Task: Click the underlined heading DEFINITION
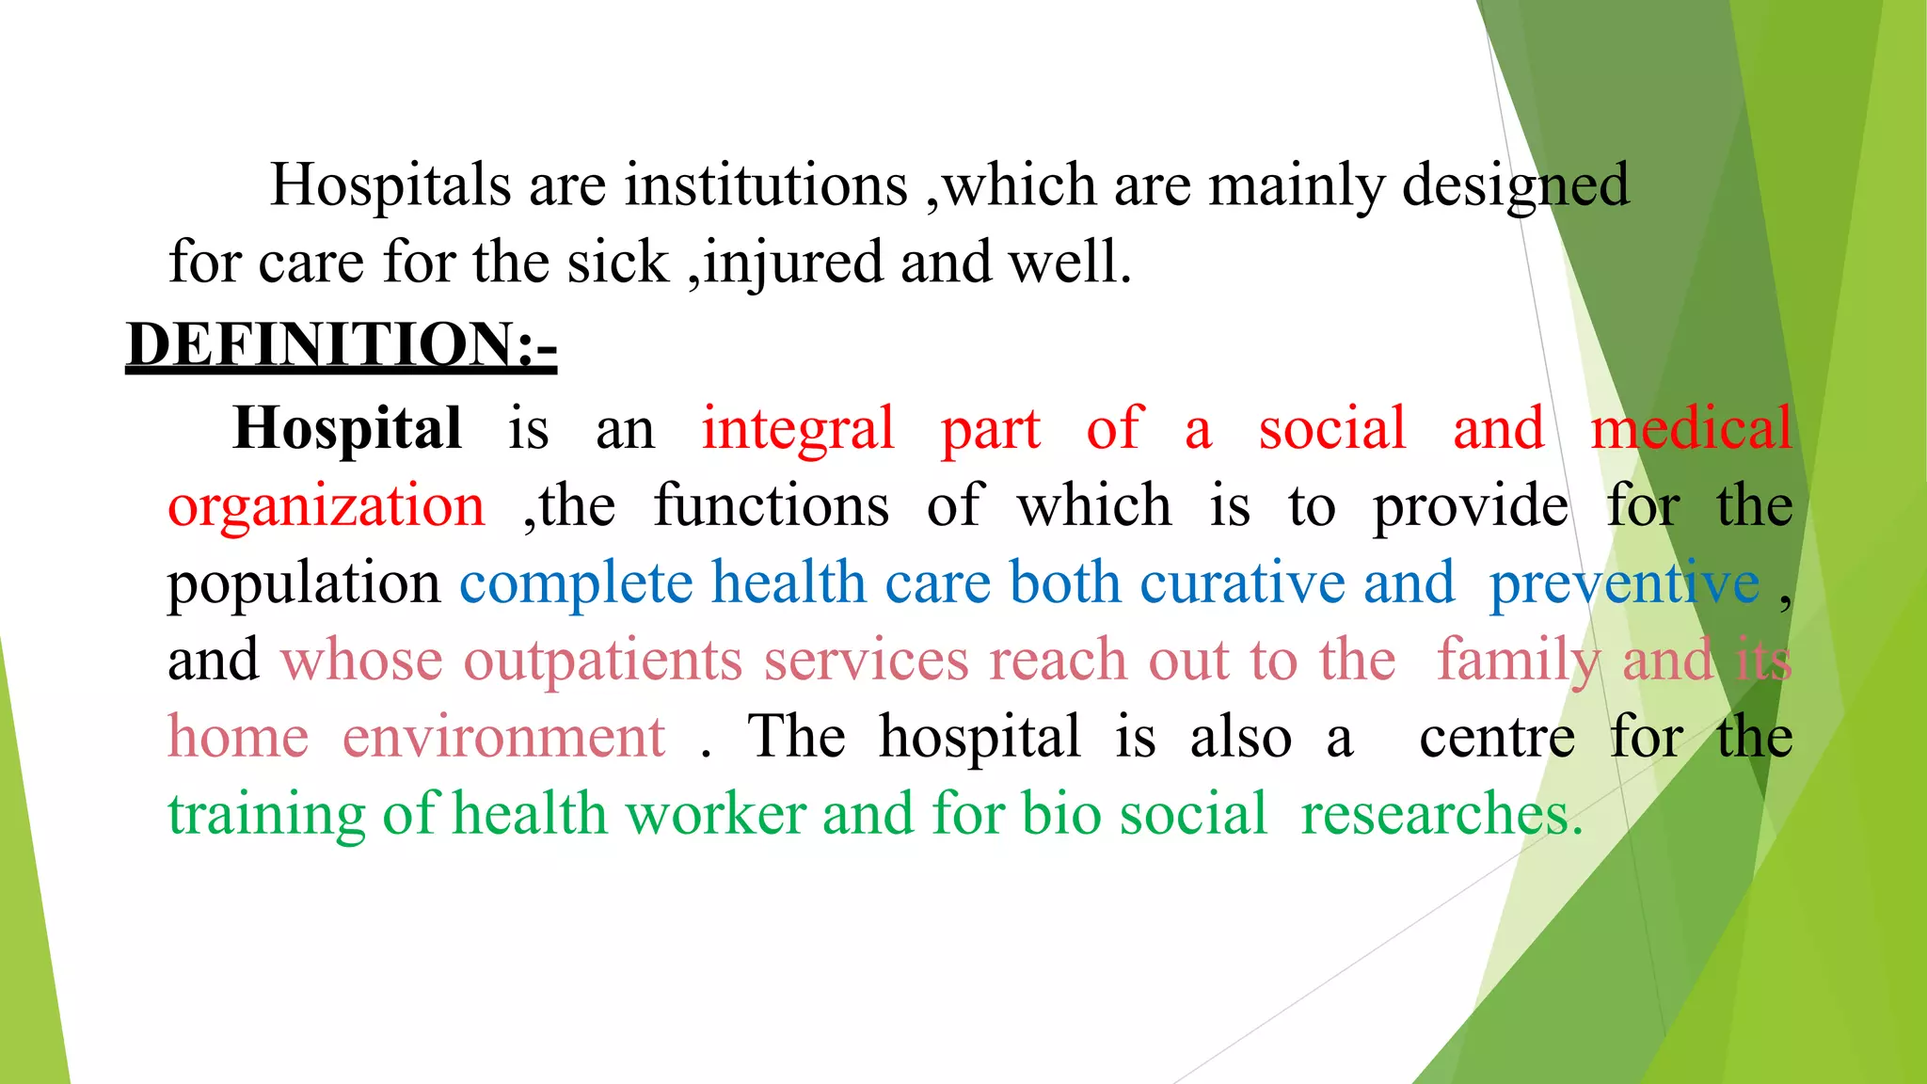(x=341, y=344)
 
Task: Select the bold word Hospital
(x=347, y=429)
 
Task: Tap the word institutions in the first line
(x=766, y=184)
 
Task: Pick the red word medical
(x=1691, y=429)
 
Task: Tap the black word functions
(x=771, y=506)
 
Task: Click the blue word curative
(x=1243, y=583)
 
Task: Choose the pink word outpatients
(x=603, y=662)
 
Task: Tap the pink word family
(x=1518, y=662)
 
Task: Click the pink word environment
(x=503, y=738)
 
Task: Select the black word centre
(x=1497, y=738)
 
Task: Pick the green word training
(x=266, y=815)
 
